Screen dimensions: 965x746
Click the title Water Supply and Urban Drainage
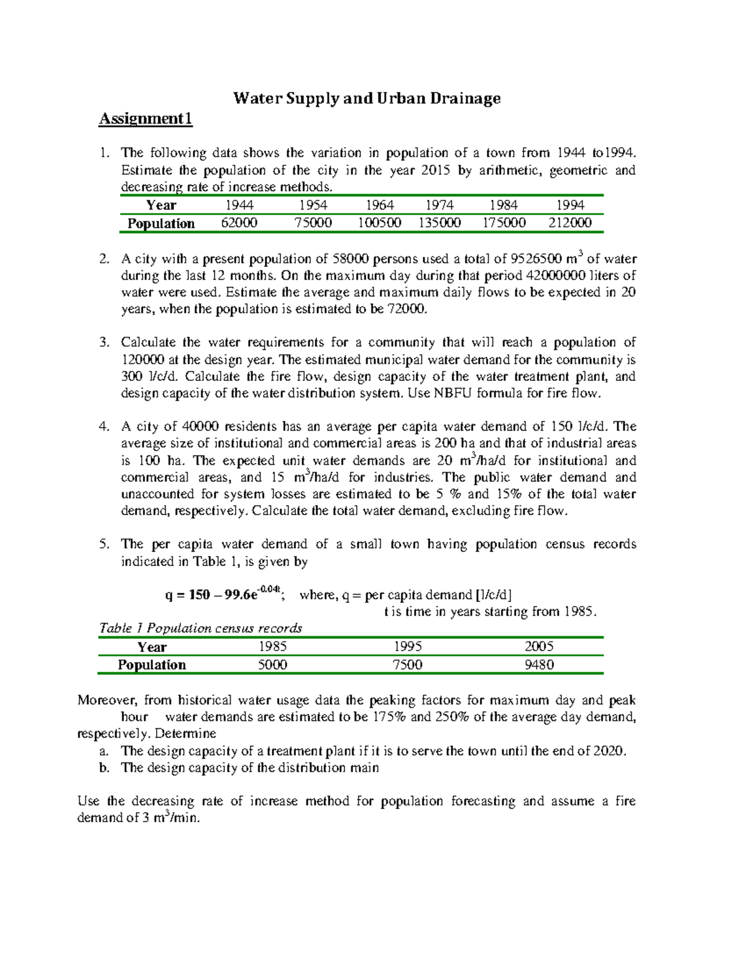coord(367,98)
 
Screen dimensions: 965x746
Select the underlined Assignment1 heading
coord(145,119)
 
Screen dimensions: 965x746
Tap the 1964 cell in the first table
coord(379,205)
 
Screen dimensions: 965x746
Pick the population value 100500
coord(379,223)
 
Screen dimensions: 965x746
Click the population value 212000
coord(570,223)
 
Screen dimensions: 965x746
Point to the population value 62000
coord(239,223)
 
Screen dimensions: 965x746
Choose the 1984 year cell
coord(504,205)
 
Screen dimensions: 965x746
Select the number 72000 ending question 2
coord(408,309)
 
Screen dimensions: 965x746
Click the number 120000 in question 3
coord(143,360)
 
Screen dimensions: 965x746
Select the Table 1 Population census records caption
coord(201,628)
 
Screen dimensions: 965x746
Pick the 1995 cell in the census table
coord(408,647)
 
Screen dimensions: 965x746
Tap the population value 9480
coord(539,665)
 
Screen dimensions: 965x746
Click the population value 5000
coord(272,665)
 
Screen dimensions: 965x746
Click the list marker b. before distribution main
coord(104,768)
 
